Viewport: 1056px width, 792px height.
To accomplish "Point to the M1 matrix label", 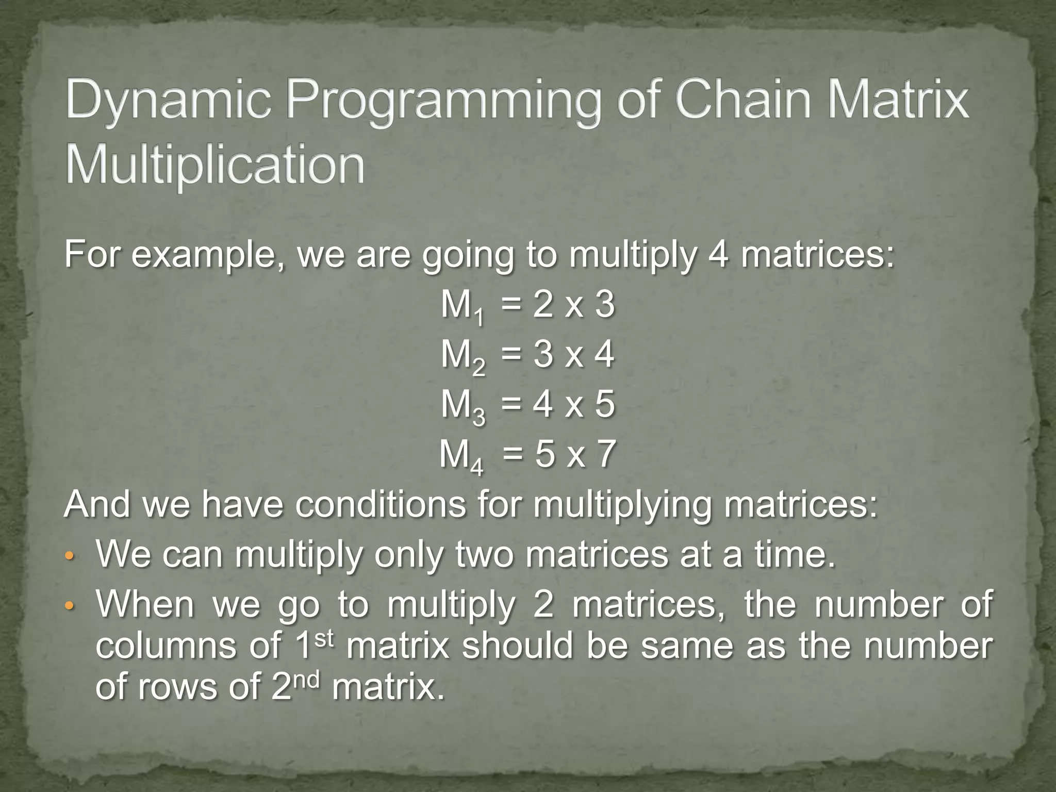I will pyautogui.click(x=462, y=307).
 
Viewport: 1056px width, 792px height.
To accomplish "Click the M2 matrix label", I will pyautogui.click(x=462, y=357).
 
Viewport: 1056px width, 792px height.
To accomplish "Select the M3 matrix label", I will pyautogui.click(x=462, y=406).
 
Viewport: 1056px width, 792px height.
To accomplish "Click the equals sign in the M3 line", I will pyautogui.click(x=510, y=405).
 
